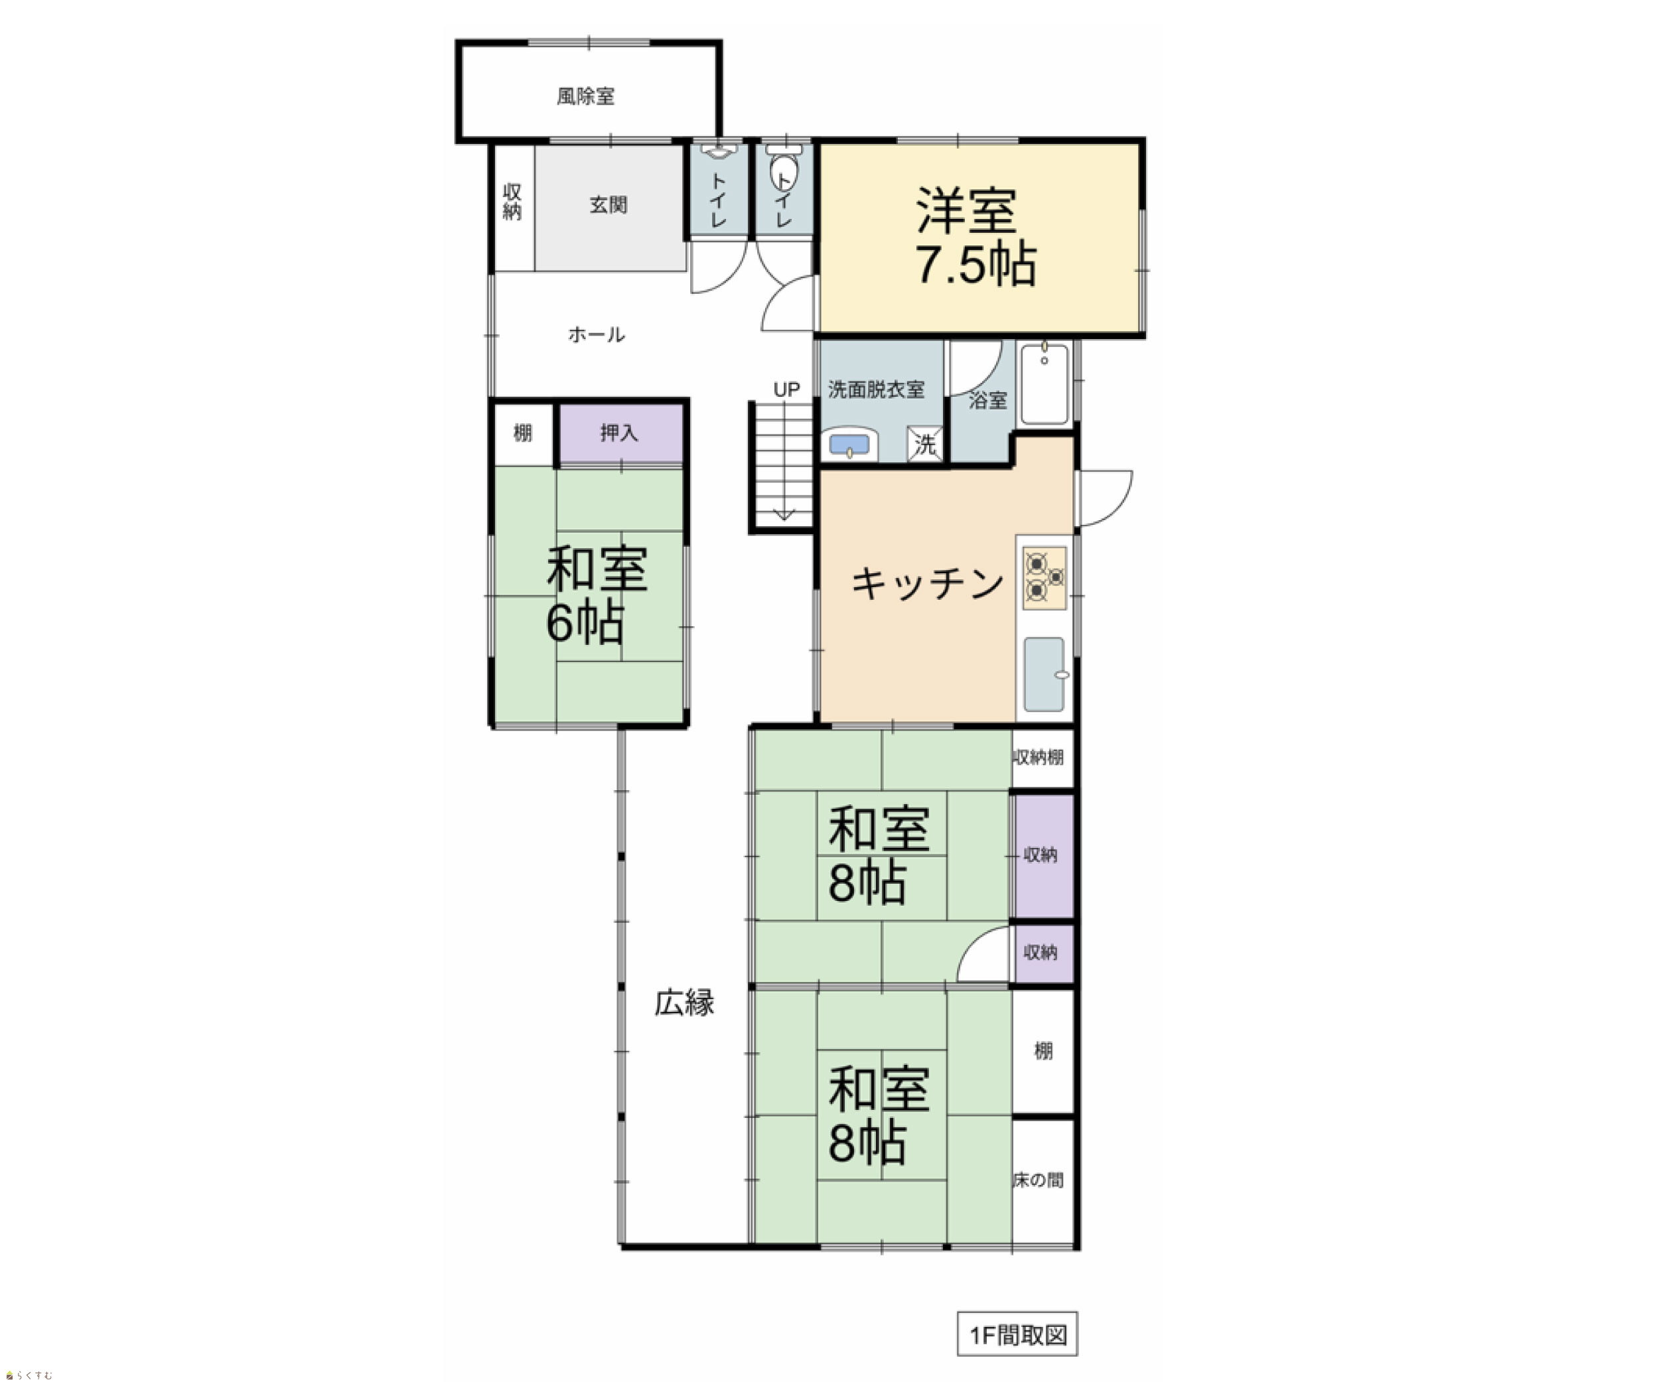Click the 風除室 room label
click(x=585, y=96)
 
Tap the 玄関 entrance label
click(x=609, y=205)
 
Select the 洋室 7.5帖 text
click(x=976, y=236)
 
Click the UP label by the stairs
click(x=786, y=389)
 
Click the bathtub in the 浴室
click(x=1045, y=385)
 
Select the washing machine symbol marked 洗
click(x=924, y=444)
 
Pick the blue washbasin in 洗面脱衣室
click(x=849, y=445)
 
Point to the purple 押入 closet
click(x=621, y=433)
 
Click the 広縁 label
click(x=684, y=1003)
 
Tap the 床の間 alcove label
click(x=1038, y=1180)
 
